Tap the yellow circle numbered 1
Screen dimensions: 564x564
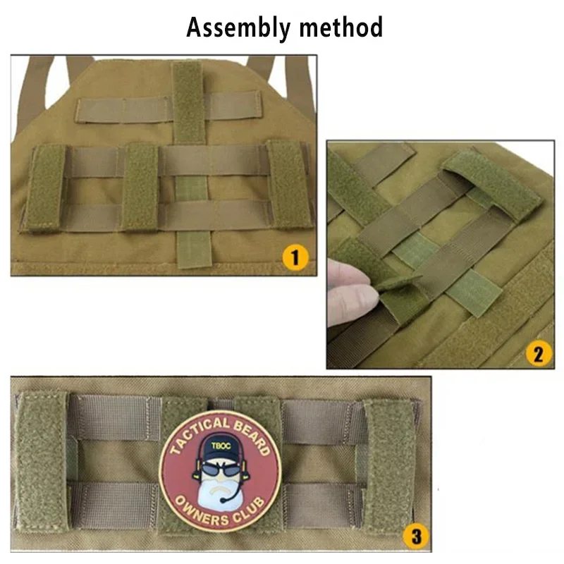pos(295,257)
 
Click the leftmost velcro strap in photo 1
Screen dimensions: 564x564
pos(44,188)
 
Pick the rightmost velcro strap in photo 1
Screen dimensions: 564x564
pos(290,185)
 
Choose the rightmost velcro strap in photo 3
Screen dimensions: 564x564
pos(388,469)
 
